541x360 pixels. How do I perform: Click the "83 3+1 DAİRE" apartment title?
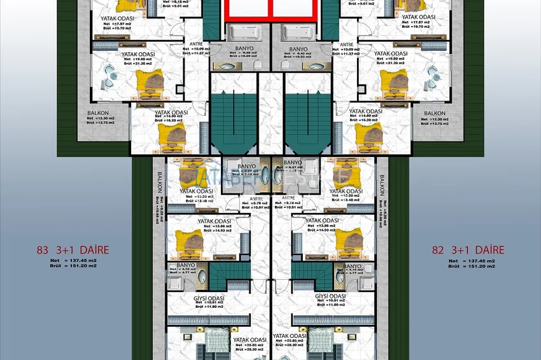point(73,251)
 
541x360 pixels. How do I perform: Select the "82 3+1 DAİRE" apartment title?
point(468,251)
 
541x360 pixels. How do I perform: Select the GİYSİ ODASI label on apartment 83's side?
point(207,297)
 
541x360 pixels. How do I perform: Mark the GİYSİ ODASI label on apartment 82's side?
point(330,297)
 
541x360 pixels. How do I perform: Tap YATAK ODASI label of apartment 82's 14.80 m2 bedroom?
point(366,112)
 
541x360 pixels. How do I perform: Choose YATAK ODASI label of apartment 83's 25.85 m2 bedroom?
point(249,340)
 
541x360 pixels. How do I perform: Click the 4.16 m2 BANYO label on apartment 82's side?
point(351,266)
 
